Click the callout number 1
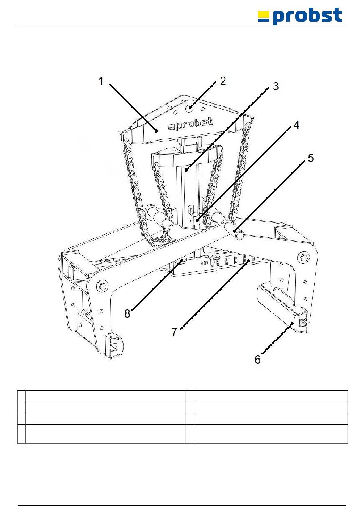click(x=101, y=81)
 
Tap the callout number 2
click(x=223, y=81)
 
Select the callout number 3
click(x=275, y=86)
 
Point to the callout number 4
click(x=296, y=125)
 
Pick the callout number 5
click(x=311, y=158)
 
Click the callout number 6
click(x=258, y=359)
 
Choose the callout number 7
click(x=174, y=332)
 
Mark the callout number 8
click(x=127, y=313)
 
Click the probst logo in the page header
click(x=300, y=16)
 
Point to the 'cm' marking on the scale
click(x=204, y=262)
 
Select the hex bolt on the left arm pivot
click(x=102, y=285)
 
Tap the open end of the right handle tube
click(x=239, y=235)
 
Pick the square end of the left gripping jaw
click(x=113, y=346)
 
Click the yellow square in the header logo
click(x=263, y=16)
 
